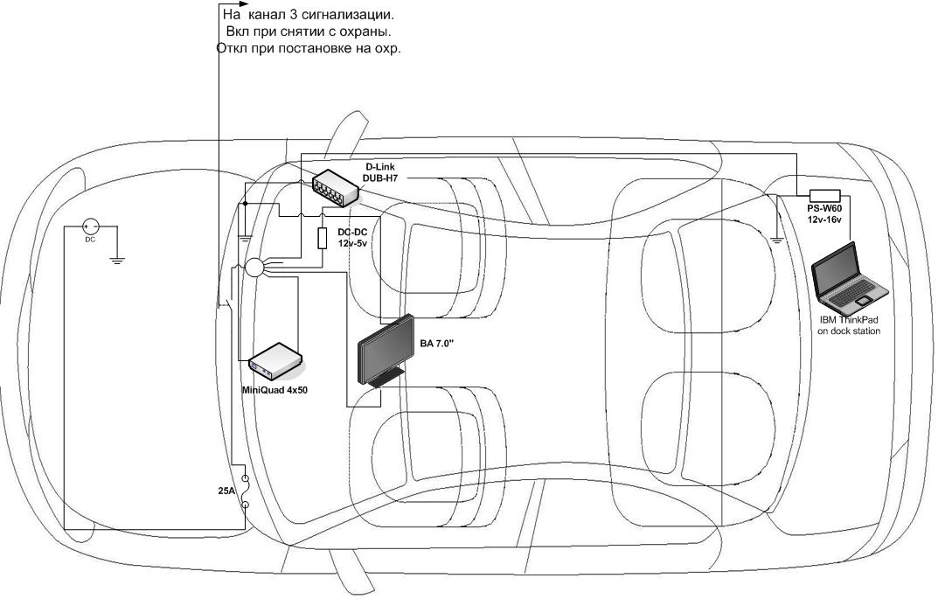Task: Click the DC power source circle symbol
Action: point(89,226)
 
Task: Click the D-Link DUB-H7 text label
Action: point(380,171)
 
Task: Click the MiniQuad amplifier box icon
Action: point(275,359)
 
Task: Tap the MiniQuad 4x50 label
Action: point(274,389)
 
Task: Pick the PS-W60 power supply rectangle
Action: point(825,196)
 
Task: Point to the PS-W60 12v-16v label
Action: point(823,215)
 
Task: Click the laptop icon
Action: point(847,280)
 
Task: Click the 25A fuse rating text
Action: point(226,491)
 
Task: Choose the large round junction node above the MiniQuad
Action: point(255,268)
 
